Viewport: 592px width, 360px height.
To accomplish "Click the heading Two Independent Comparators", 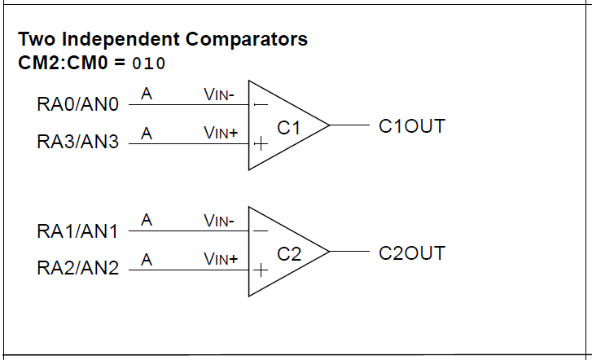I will tap(163, 39).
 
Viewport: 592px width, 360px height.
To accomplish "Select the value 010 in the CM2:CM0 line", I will tap(148, 64).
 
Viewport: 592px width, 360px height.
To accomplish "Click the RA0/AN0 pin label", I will tap(78, 105).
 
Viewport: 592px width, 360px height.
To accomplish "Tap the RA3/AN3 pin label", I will tap(78, 143).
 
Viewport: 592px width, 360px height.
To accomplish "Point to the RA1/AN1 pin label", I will tap(78, 231).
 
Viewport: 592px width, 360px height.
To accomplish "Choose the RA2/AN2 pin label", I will tap(78, 268).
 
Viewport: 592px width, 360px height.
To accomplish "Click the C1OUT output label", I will tap(412, 127).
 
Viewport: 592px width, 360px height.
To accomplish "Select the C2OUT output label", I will tap(412, 253).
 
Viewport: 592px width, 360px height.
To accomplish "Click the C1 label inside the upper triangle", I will tap(289, 128).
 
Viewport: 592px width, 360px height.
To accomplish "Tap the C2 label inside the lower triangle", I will tap(289, 254).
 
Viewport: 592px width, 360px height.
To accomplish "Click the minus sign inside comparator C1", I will tap(261, 105).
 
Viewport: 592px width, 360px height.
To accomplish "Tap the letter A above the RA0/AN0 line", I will tap(147, 94).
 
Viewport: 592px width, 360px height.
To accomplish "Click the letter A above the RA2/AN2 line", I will tap(147, 259).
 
